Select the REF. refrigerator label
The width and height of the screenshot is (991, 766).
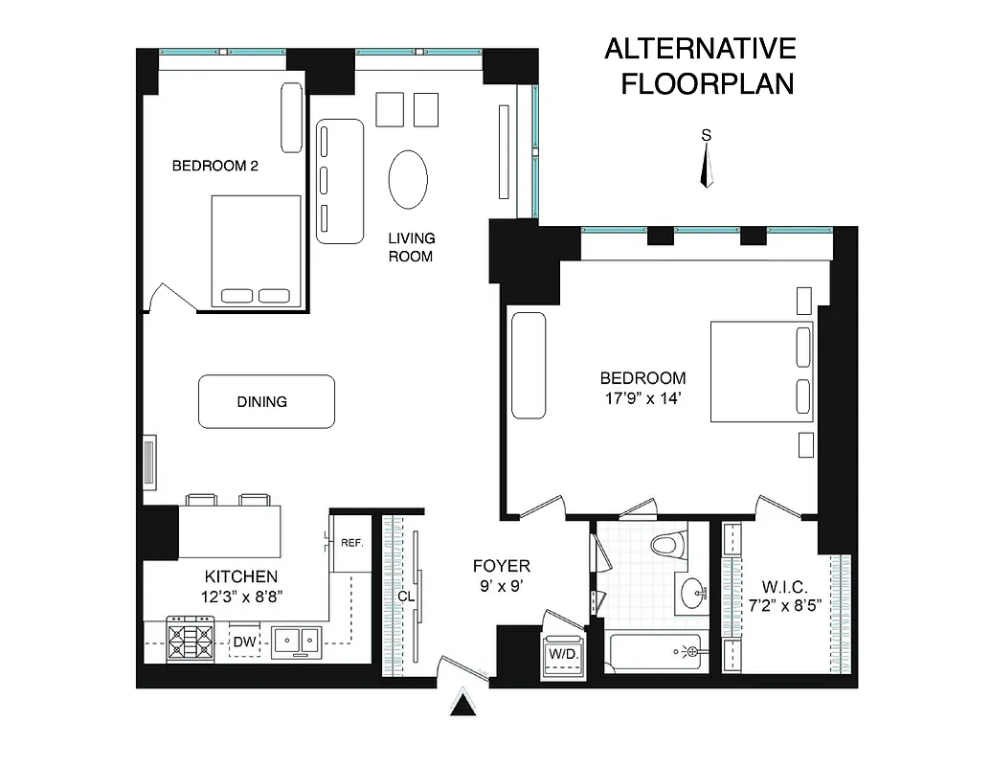pyautogui.click(x=351, y=543)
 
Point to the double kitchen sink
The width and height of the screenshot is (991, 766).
pyautogui.click(x=296, y=642)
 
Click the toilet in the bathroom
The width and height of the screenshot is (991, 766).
pyautogui.click(x=670, y=546)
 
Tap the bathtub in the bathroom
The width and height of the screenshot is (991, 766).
pyautogui.click(x=656, y=653)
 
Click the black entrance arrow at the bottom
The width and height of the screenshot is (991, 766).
pyautogui.click(x=463, y=706)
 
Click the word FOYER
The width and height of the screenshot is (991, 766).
pyautogui.click(x=502, y=566)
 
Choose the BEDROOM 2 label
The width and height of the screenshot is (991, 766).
pyautogui.click(x=215, y=166)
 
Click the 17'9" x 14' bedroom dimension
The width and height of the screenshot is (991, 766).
pyautogui.click(x=642, y=399)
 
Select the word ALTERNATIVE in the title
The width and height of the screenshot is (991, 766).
pyautogui.click(x=700, y=49)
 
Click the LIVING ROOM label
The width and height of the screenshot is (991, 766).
pyautogui.click(x=411, y=246)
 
